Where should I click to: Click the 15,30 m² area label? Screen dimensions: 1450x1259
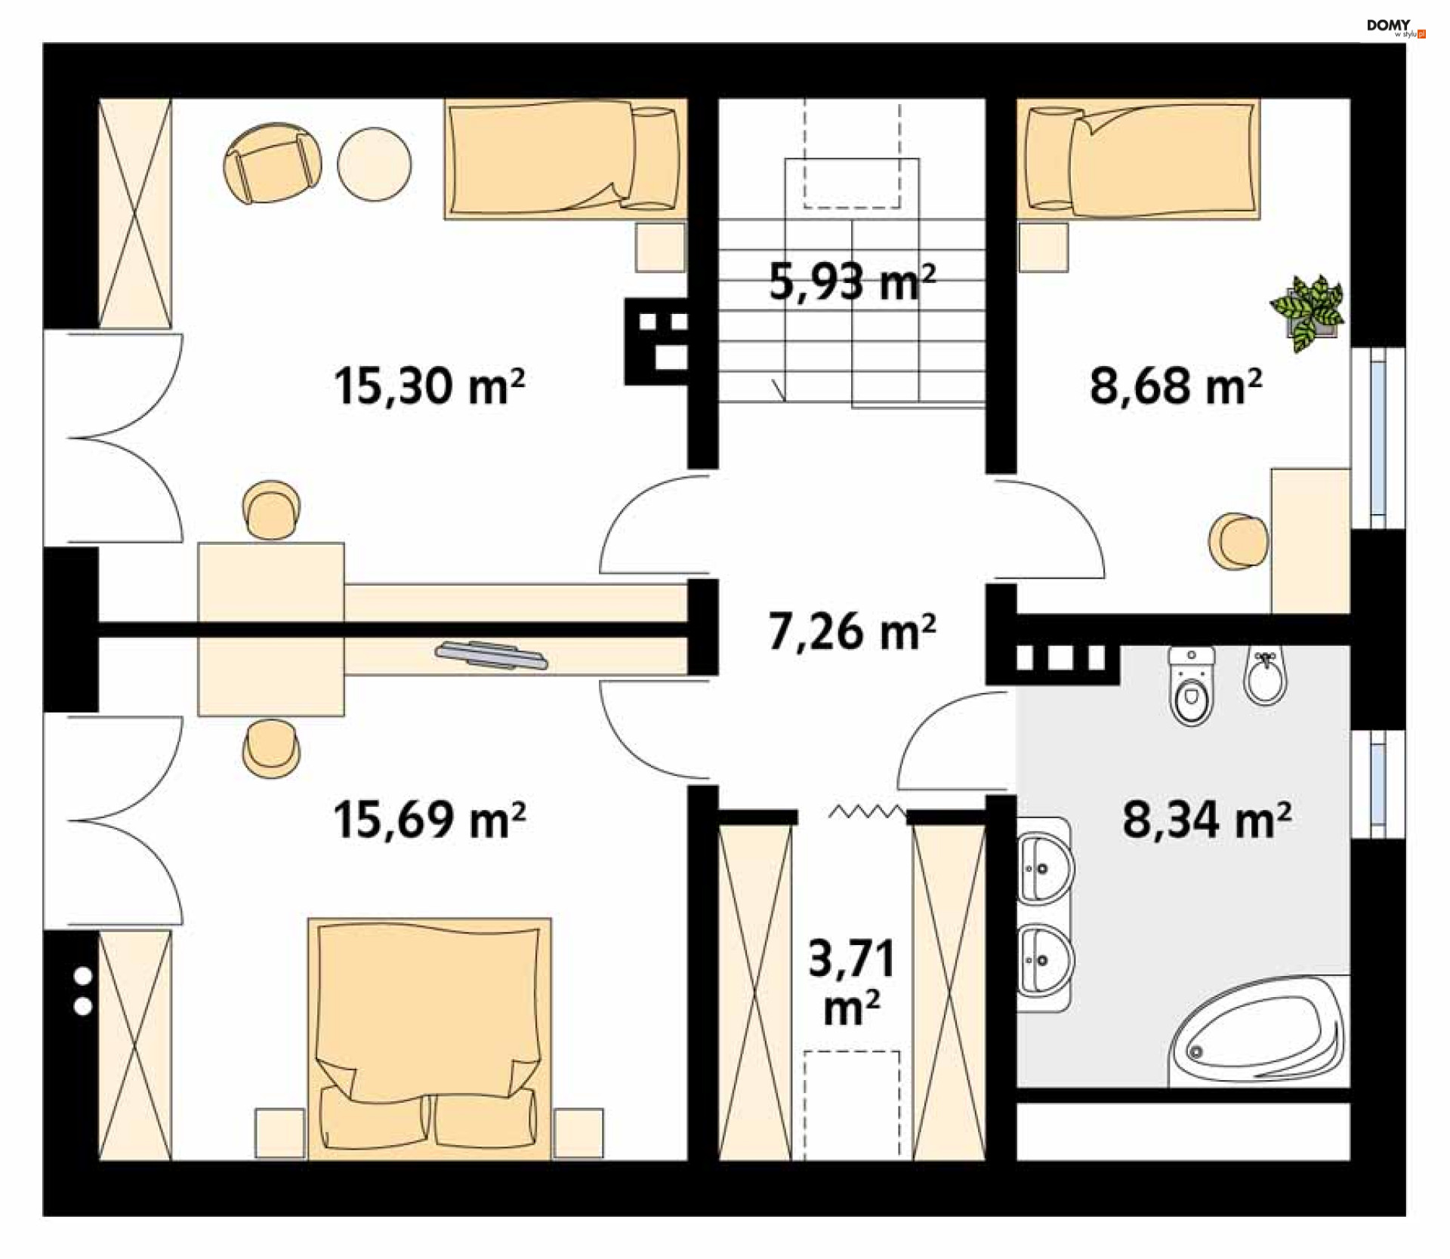point(429,386)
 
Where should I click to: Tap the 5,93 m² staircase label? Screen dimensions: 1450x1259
point(852,282)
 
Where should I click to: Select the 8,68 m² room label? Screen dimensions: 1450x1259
point(1175,386)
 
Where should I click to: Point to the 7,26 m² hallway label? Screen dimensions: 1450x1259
point(852,632)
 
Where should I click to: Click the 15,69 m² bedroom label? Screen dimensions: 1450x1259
point(429,820)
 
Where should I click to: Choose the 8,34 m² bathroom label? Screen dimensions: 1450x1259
point(1206,820)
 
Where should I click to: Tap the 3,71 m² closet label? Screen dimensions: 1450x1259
point(852,981)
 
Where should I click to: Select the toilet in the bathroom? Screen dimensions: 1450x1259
point(1191,685)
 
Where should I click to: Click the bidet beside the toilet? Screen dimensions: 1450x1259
point(1265,675)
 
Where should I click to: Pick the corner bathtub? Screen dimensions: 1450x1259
point(1257,1031)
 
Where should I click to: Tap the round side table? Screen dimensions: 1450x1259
point(375,163)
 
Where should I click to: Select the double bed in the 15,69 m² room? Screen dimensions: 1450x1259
point(429,1038)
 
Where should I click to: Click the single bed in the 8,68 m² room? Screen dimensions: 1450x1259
point(1139,159)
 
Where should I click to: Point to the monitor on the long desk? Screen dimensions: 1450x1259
point(491,655)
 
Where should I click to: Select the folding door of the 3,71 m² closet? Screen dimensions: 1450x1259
point(866,812)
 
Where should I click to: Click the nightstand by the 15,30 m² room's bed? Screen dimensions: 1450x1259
point(660,247)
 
